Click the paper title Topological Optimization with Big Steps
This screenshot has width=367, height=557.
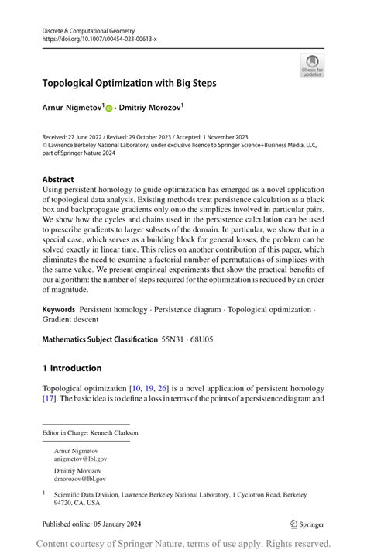[x=129, y=82]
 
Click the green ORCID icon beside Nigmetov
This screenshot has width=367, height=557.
[x=109, y=108]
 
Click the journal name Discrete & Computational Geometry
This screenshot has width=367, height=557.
[x=84, y=29]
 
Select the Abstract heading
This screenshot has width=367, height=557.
[x=58, y=178]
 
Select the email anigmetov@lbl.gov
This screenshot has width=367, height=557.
[x=81, y=459]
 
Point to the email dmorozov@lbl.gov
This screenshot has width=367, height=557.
[x=81, y=480]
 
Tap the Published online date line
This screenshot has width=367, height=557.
[x=86, y=524]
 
